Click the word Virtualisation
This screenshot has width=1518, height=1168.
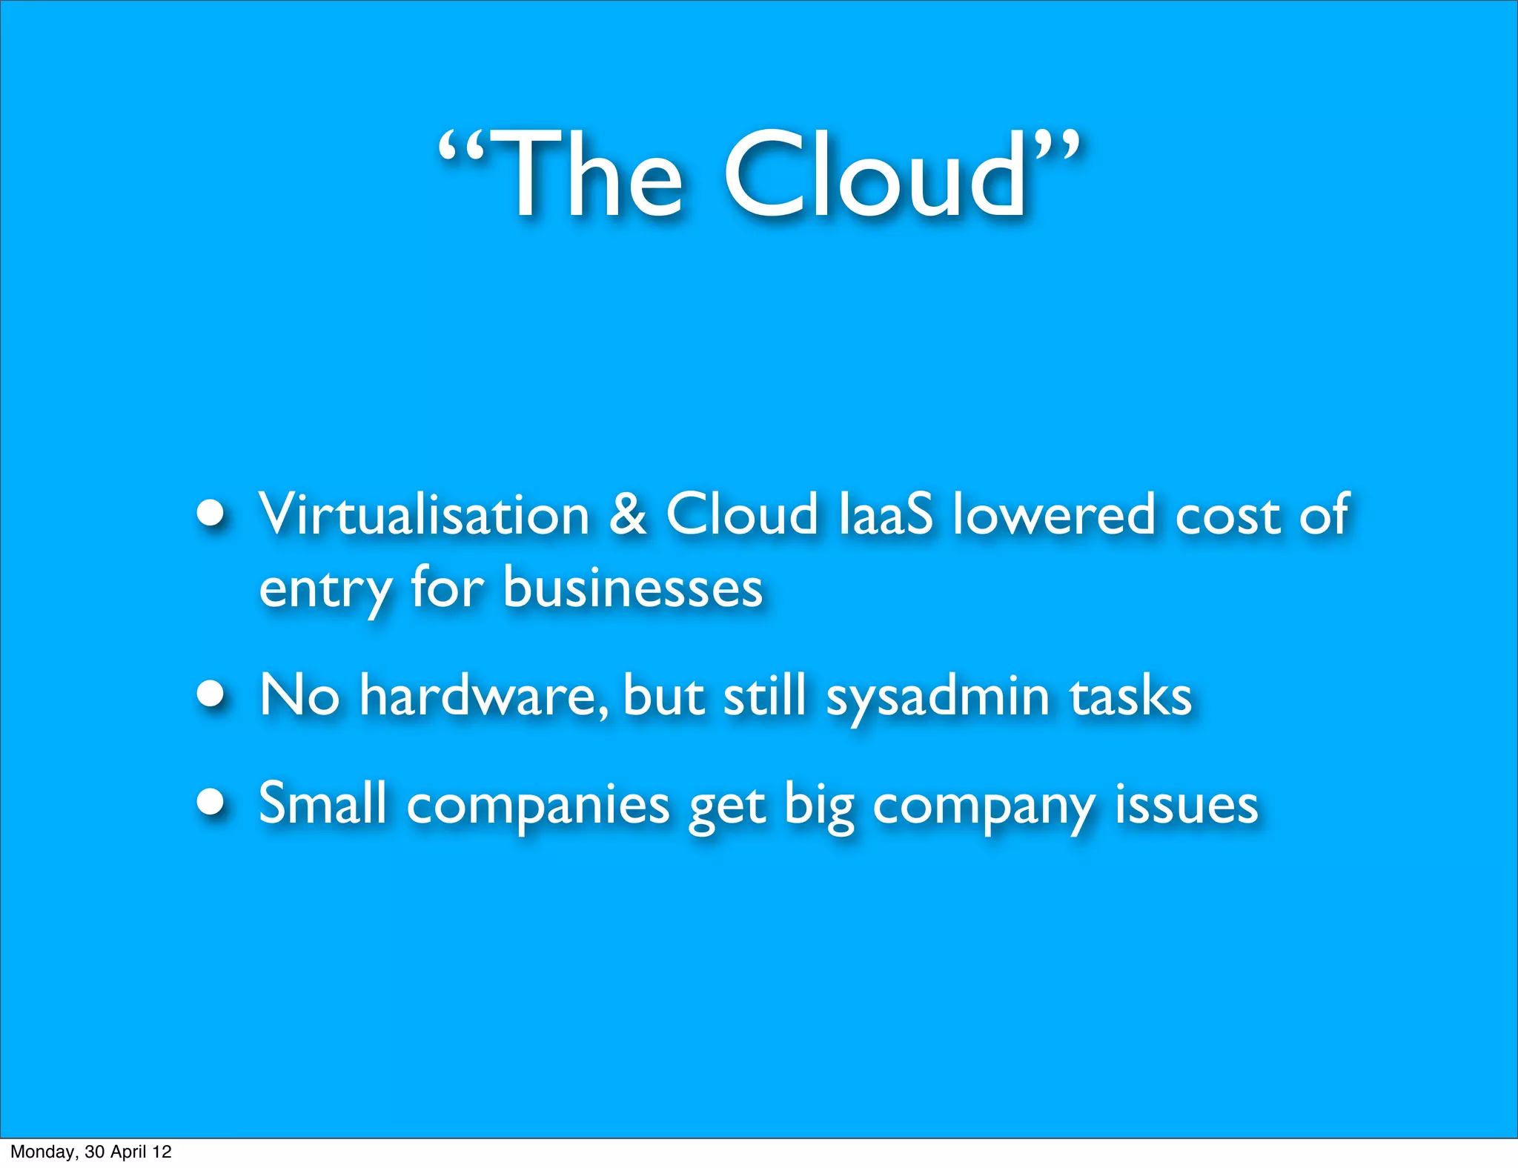click(x=423, y=514)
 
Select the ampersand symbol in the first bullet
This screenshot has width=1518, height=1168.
click(x=628, y=514)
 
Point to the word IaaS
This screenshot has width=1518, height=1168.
click(x=885, y=514)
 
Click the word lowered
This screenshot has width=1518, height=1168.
click(x=1053, y=514)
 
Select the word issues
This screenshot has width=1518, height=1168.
click(x=1186, y=804)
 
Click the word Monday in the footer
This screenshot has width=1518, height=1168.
click(x=44, y=1152)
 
